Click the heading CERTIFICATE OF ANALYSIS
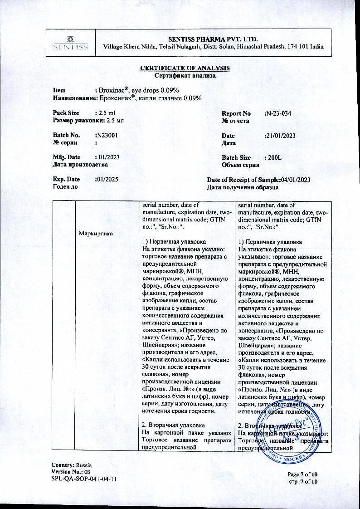(x=185, y=68)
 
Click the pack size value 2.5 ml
(x=108, y=113)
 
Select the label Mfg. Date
(x=67, y=157)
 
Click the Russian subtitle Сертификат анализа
(x=185, y=76)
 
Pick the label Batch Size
(x=236, y=157)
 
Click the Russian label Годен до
(x=65, y=187)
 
